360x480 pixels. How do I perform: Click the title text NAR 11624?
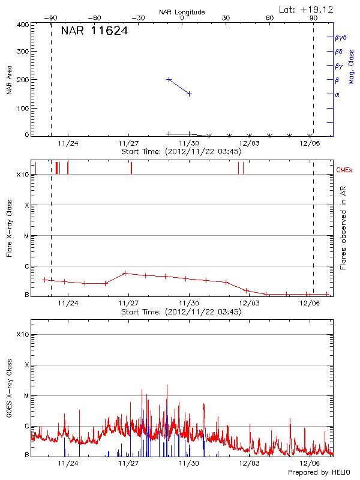(x=94, y=31)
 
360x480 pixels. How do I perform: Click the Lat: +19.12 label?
(x=307, y=9)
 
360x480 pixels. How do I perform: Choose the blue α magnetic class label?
(x=337, y=94)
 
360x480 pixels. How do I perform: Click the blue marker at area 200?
(x=169, y=79)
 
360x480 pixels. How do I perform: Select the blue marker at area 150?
(x=190, y=94)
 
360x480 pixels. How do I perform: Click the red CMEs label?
(x=344, y=170)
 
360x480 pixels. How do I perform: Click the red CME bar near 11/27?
(x=131, y=168)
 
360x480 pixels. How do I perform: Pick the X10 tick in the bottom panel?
(x=23, y=334)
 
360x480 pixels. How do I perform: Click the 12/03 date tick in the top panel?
(x=249, y=143)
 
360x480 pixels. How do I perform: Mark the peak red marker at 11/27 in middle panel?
(x=124, y=273)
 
